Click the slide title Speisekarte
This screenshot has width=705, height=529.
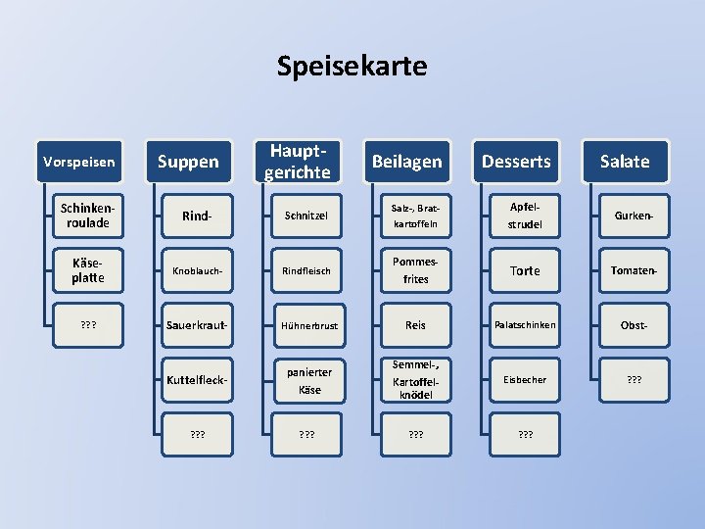(x=352, y=67)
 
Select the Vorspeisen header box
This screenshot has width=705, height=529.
(x=79, y=162)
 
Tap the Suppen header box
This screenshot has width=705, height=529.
(x=188, y=162)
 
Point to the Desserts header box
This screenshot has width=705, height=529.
(x=517, y=162)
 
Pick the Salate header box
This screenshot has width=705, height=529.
(x=625, y=162)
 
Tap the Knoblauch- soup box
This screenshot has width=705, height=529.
(x=200, y=270)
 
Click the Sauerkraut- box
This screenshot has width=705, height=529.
(x=200, y=324)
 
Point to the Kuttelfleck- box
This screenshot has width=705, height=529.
(x=200, y=379)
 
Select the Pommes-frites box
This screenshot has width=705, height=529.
(x=416, y=270)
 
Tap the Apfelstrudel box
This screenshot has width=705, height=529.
(x=525, y=216)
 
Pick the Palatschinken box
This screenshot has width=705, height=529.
(x=525, y=324)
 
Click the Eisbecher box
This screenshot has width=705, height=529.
(x=525, y=379)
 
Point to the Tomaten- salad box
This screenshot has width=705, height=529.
(x=634, y=270)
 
